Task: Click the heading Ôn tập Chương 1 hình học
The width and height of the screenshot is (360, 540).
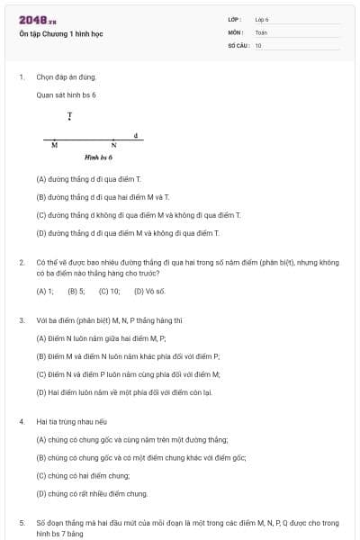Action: coord(57,33)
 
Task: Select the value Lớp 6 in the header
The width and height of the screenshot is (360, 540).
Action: coord(261,19)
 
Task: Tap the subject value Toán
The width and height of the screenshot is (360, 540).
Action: coord(261,32)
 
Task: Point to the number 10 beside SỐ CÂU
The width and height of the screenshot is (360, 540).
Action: coord(258,45)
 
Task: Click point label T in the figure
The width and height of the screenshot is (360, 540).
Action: coord(69,117)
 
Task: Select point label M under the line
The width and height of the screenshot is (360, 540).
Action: coord(55,146)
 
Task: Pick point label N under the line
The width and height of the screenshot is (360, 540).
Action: coord(113,146)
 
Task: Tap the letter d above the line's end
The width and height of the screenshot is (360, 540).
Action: coord(135,135)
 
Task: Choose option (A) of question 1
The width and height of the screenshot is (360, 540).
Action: coord(88,179)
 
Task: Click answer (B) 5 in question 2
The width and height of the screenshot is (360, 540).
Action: coord(76,292)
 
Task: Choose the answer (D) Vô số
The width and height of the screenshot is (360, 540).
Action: coord(149,292)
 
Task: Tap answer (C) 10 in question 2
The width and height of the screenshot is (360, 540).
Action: coord(110,292)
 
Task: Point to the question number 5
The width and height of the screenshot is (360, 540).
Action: coord(22,522)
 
